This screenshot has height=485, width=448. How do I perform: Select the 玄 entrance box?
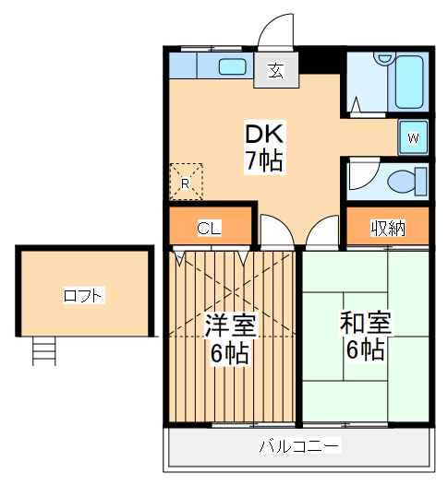click(275, 71)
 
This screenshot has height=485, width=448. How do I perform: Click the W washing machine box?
click(414, 138)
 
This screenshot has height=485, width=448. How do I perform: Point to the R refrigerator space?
click(185, 182)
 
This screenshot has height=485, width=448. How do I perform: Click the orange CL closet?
click(209, 228)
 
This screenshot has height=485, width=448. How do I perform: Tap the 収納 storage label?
click(388, 228)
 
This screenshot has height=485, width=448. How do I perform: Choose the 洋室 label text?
click(230, 325)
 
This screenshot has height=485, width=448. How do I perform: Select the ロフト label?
click(84, 296)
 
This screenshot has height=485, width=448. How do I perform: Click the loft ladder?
click(44, 352)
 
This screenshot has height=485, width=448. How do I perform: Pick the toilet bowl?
click(403, 180)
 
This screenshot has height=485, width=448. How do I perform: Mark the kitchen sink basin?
click(231, 66)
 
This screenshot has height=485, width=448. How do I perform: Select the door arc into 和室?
click(321, 232)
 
